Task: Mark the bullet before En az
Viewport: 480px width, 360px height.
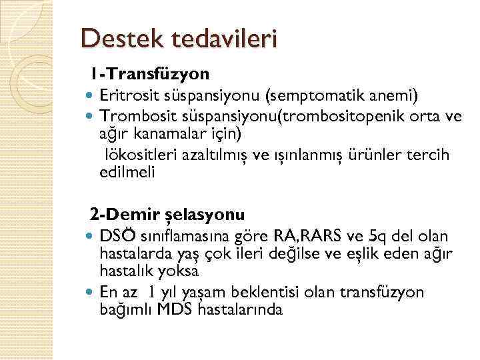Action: [91, 292]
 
